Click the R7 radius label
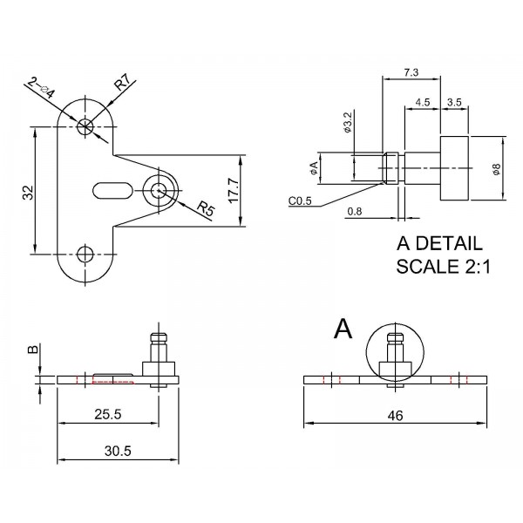click(122, 84)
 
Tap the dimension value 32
click(27, 193)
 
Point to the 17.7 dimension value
click(232, 190)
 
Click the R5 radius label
click(205, 208)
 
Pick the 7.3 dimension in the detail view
click(412, 71)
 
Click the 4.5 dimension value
click(423, 102)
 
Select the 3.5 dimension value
click(454, 102)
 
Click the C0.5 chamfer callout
click(302, 201)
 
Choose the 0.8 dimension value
click(355, 211)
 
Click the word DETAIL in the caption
click(450, 243)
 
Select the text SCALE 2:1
click(444, 267)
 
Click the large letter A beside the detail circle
click(343, 329)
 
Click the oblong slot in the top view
click(112, 188)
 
